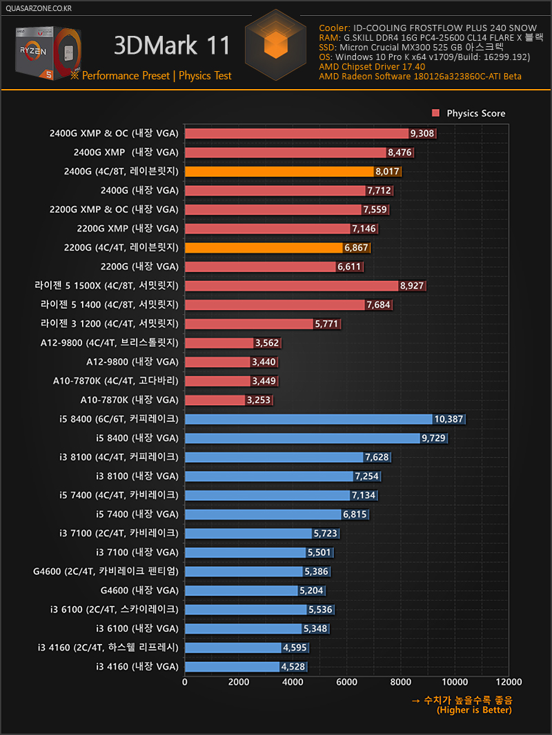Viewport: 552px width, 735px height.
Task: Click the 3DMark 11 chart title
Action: tap(172, 46)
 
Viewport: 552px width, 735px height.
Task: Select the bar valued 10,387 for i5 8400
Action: tap(309, 419)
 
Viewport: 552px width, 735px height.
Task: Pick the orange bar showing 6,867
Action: tap(264, 247)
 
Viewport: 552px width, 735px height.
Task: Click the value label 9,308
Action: tap(422, 133)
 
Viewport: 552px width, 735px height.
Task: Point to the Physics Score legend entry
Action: tap(469, 113)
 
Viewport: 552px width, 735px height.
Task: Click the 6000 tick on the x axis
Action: tap(347, 682)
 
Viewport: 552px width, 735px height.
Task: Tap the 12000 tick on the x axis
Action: tap(509, 682)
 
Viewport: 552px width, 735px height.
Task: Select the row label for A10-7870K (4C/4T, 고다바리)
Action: tap(116, 380)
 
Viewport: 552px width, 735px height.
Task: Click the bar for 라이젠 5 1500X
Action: tap(292, 285)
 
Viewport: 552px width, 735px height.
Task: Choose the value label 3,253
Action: tap(259, 400)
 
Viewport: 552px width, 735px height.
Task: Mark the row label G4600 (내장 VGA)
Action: tap(139, 590)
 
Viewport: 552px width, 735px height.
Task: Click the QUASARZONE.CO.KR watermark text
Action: tap(38, 8)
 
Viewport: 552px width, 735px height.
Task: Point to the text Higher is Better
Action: tap(475, 710)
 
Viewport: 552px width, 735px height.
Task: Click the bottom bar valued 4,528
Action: tap(233, 667)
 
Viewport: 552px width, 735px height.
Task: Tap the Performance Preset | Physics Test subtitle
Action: tap(157, 76)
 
